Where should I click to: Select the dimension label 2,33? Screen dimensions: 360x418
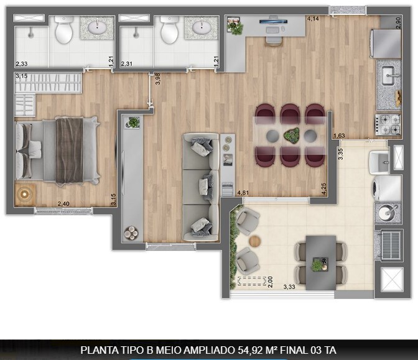click(x=21, y=63)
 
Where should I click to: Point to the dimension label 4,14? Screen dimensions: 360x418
click(x=313, y=19)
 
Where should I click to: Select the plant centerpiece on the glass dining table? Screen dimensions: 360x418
click(x=290, y=134)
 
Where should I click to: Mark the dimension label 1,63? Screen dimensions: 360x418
click(x=339, y=136)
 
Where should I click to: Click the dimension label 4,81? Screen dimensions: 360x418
click(x=243, y=193)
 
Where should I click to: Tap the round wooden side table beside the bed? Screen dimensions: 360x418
click(x=24, y=193)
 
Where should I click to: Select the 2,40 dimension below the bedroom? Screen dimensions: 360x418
click(x=63, y=203)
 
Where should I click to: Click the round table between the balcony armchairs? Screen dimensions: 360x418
click(x=255, y=240)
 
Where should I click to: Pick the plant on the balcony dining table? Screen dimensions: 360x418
click(x=318, y=265)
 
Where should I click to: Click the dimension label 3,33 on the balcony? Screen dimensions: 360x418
click(x=289, y=287)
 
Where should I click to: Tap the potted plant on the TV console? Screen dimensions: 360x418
click(x=132, y=122)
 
